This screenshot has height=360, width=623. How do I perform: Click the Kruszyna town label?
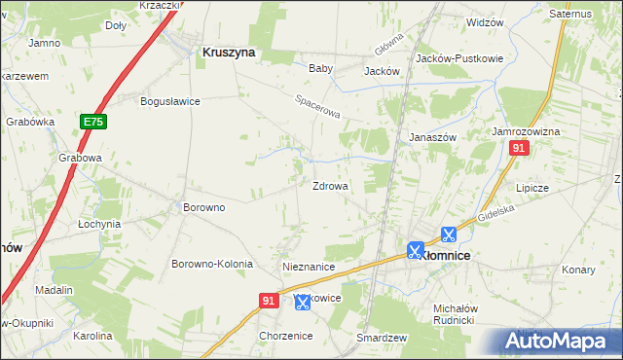(229, 54)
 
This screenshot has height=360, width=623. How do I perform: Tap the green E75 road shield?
(92, 122)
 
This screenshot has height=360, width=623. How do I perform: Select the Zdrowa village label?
(330, 186)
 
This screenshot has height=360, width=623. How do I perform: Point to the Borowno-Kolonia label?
(212, 264)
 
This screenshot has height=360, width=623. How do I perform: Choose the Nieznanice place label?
(309, 266)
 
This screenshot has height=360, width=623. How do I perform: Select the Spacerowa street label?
(318, 107)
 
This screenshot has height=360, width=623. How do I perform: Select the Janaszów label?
(432, 137)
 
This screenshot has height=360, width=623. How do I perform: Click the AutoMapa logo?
(558, 341)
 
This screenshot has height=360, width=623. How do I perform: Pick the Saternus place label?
(570, 15)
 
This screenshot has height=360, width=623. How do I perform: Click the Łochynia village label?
(99, 223)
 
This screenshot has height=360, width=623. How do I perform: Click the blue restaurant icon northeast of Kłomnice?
(448, 234)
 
